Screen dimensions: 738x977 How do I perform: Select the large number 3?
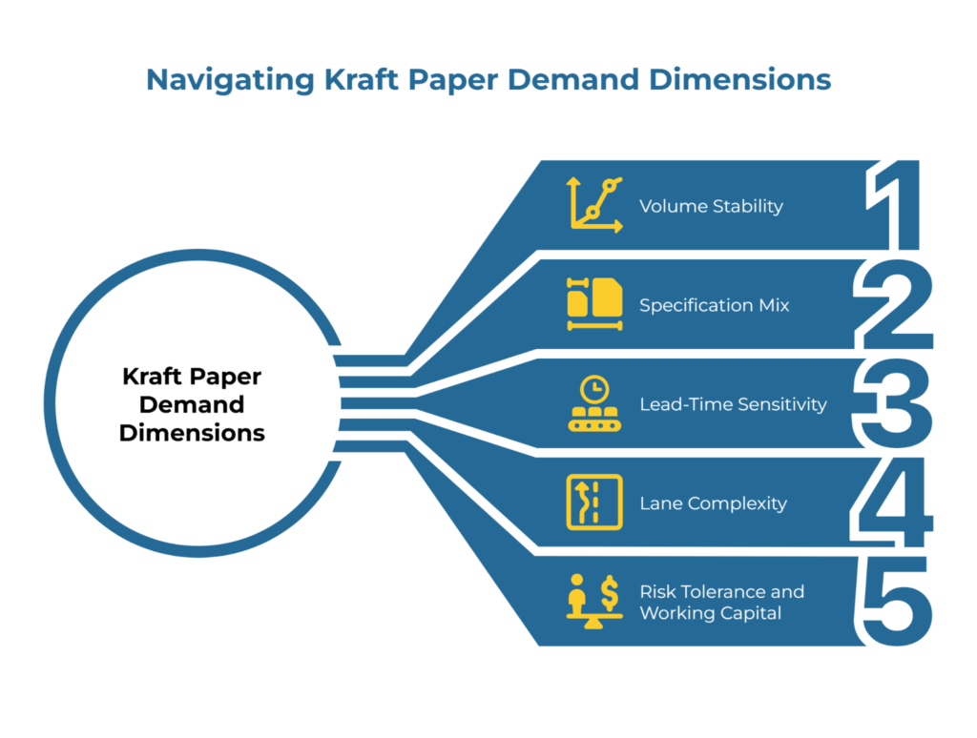pos(891,403)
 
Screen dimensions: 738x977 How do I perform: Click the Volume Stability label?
pos(711,206)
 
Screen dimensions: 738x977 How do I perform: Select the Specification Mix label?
pos(715,305)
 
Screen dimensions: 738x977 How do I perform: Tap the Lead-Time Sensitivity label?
pos(733,404)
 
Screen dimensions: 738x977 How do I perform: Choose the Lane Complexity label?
pos(713,503)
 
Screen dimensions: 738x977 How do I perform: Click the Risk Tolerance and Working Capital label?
pos(721,603)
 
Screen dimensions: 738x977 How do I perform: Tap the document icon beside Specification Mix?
pos(594,303)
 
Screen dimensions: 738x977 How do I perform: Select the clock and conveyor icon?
pos(594,404)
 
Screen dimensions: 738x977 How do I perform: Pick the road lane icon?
pos(594,502)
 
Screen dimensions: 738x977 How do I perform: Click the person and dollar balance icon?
pos(593,601)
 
